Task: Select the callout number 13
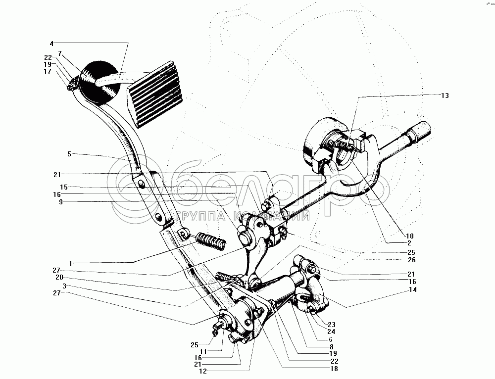click(445, 95)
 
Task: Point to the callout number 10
click(410, 236)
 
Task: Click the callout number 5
click(70, 154)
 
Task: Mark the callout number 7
click(60, 53)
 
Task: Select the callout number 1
click(71, 263)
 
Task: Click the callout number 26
click(412, 260)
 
